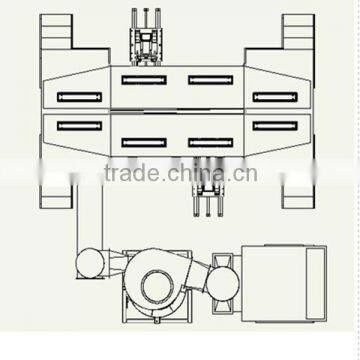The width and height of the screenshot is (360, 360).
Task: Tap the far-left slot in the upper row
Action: pos(79,96)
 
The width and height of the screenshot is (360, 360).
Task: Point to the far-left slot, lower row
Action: pos(79,125)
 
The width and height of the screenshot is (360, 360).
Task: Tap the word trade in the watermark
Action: pos(130,176)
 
